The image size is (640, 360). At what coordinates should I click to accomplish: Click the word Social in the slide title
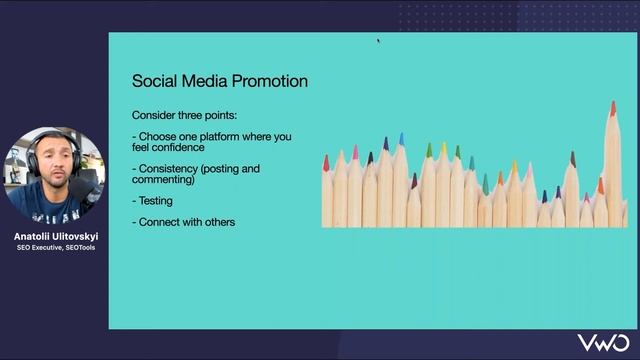coord(152,81)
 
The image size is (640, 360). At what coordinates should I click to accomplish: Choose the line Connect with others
coord(184,222)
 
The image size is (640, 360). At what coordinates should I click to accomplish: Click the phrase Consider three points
coord(184,114)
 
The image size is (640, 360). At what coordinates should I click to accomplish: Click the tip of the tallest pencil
coord(613,106)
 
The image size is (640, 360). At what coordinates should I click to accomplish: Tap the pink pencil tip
coord(355,152)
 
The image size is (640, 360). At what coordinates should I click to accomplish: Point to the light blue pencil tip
coord(401,139)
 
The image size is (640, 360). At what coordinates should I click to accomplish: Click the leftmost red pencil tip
coord(326,162)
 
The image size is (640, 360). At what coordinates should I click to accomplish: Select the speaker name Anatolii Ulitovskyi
coord(55,237)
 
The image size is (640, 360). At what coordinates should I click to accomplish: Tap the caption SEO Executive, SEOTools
coord(55,248)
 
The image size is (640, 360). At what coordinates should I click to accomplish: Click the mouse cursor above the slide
coord(378,41)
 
